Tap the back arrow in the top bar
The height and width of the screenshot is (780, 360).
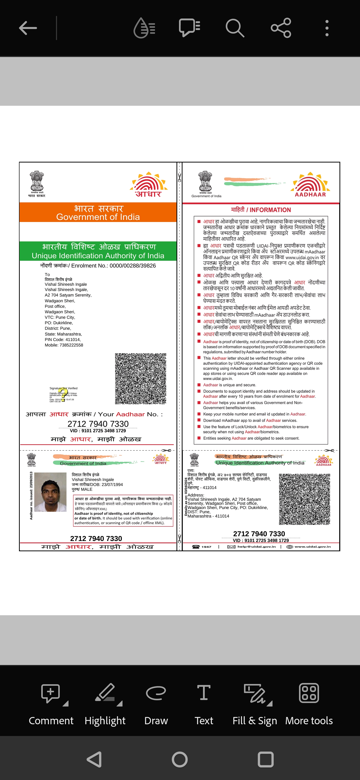[x=28, y=28]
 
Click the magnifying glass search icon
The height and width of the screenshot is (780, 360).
[x=235, y=28]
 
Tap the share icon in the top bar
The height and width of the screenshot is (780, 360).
[x=281, y=28]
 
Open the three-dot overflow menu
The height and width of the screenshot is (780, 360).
[x=327, y=28]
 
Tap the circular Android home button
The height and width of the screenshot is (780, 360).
[x=180, y=759]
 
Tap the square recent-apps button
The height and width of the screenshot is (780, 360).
[x=265, y=759]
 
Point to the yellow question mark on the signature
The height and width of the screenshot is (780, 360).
[x=63, y=394]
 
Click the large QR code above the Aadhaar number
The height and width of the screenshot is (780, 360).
[x=140, y=378]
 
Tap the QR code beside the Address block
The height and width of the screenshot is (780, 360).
[x=304, y=499]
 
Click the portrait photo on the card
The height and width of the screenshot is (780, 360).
[x=50, y=492]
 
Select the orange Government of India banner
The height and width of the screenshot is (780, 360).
[x=98, y=212]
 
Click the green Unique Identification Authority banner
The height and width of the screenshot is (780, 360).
[x=98, y=251]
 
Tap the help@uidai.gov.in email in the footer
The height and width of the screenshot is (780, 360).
[x=256, y=546]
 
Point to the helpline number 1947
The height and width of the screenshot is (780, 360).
[x=206, y=546]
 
